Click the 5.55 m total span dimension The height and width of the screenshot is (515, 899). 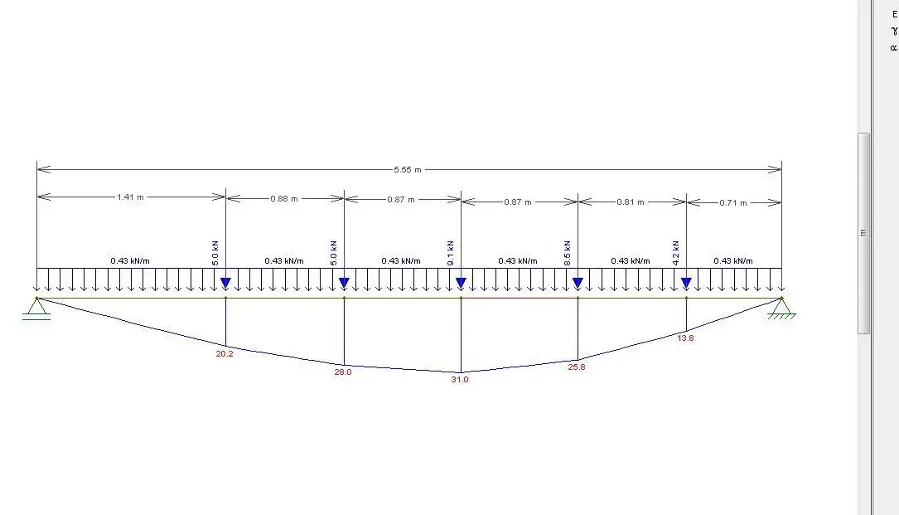(x=407, y=170)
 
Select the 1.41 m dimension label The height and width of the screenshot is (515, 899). (x=130, y=197)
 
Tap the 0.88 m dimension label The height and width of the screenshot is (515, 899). (x=284, y=199)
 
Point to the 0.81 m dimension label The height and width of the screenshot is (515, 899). (x=630, y=202)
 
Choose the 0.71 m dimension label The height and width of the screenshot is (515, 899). (x=732, y=202)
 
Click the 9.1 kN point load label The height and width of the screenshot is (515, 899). (x=451, y=253)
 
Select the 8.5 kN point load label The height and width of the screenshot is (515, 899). (x=567, y=253)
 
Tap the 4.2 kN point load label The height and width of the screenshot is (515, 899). (x=675, y=253)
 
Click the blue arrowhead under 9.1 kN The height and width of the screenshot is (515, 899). (x=461, y=283)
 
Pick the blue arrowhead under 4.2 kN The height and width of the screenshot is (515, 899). (x=686, y=283)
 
